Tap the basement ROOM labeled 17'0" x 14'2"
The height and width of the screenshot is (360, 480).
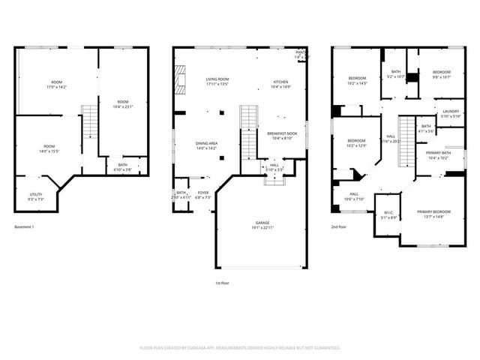click(x=57, y=84)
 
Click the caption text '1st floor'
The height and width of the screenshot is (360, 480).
click(x=223, y=283)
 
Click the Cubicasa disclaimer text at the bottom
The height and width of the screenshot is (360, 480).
click(x=240, y=348)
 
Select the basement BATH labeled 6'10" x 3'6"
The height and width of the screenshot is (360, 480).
click(x=122, y=167)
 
